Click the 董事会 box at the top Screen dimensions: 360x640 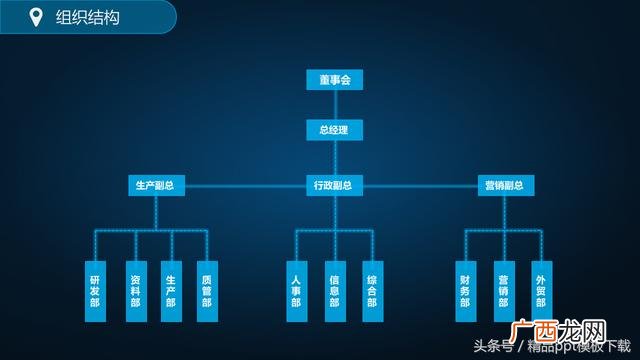tap(334, 80)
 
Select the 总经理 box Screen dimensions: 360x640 tap(334, 130)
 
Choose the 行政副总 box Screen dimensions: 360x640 tap(334, 186)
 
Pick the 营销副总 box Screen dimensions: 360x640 tap(504, 186)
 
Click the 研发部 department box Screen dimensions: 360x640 tap(95, 291)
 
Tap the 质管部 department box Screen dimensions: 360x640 tap(207, 291)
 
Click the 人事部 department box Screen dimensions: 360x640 tap(296, 291)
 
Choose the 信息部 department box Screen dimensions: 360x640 tap(334, 291)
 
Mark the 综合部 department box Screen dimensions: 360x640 tap(371, 291)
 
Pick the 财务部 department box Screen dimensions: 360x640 tap(465, 291)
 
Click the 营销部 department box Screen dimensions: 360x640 tap(503, 291)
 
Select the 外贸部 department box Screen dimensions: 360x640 tap(540, 291)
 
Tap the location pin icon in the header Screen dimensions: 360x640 tap(37, 17)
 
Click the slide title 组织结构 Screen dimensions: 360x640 tap(87, 17)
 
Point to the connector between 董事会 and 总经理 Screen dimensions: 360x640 tap(334, 105)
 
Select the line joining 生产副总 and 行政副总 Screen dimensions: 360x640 tap(246, 186)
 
